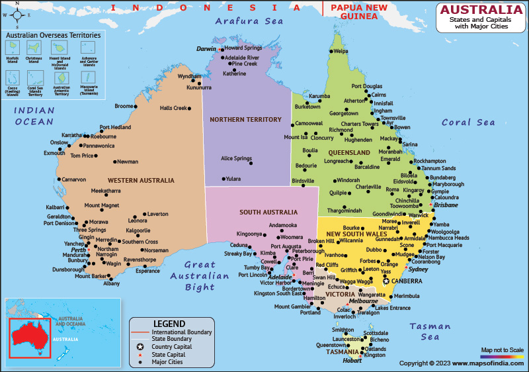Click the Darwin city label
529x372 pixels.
click(x=206, y=49)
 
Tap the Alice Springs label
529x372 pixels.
click(x=236, y=158)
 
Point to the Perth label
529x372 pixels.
click(x=79, y=250)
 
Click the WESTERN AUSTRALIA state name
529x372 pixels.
click(x=141, y=180)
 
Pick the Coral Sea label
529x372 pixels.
click(x=468, y=122)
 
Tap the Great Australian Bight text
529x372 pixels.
click(x=200, y=276)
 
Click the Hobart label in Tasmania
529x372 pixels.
click(x=352, y=361)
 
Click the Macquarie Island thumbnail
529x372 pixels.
click(x=88, y=77)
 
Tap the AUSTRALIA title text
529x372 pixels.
click(x=481, y=10)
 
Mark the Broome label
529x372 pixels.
click(x=124, y=106)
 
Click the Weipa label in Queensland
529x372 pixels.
click(x=341, y=51)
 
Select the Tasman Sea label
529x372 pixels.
click(x=430, y=332)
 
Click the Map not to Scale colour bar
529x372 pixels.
click(x=502, y=356)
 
